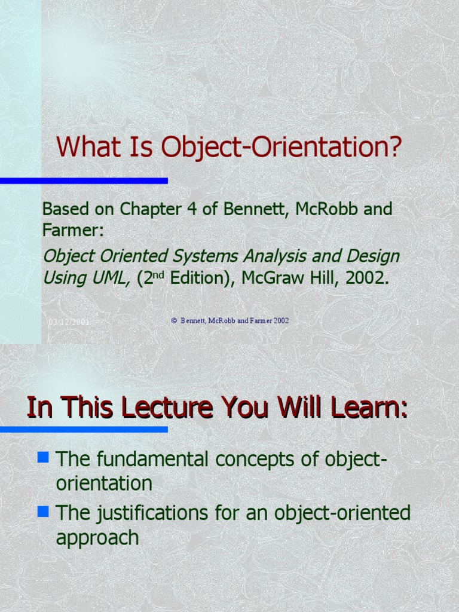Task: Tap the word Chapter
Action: (146, 209)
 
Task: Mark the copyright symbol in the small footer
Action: (174, 321)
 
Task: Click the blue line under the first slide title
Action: (84, 180)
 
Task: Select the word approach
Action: (97, 537)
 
